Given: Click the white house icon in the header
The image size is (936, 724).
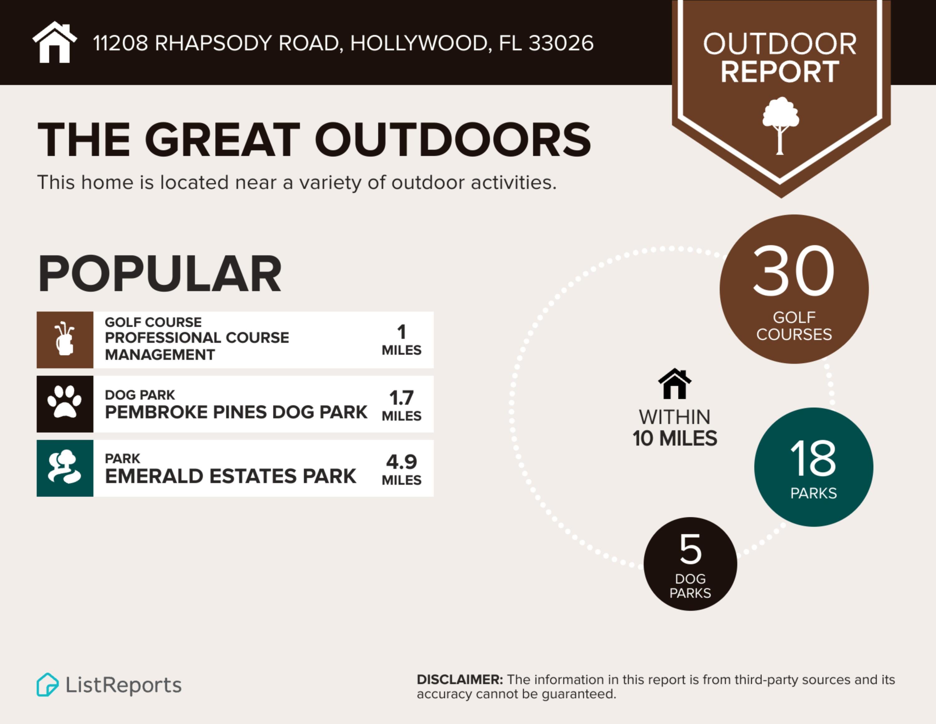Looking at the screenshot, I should pyautogui.click(x=54, y=42).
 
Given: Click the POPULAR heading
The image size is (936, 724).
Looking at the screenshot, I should pyautogui.click(x=160, y=274).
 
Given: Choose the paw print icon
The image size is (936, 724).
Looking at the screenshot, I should pyautogui.click(x=65, y=403).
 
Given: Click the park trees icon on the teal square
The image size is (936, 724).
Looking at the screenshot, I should pyautogui.click(x=65, y=468).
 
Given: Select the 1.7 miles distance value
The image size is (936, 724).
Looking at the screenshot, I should pyautogui.click(x=401, y=398).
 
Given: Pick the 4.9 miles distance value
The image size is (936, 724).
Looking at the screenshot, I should pyautogui.click(x=401, y=462).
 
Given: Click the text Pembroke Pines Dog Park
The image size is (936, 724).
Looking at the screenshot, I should pyautogui.click(x=236, y=412).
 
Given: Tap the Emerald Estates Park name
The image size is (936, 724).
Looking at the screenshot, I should pyautogui.click(x=231, y=476).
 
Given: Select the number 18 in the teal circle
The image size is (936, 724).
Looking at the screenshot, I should pyautogui.click(x=813, y=459).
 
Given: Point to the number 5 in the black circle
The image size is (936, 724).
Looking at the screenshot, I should pyautogui.click(x=690, y=549).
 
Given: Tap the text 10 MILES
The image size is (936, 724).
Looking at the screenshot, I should pyautogui.click(x=675, y=438).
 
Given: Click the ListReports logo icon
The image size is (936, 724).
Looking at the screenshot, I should pyautogui.click(x=47, y=685).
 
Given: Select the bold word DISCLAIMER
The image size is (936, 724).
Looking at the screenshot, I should pyautogui.click(x=460, y=680).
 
